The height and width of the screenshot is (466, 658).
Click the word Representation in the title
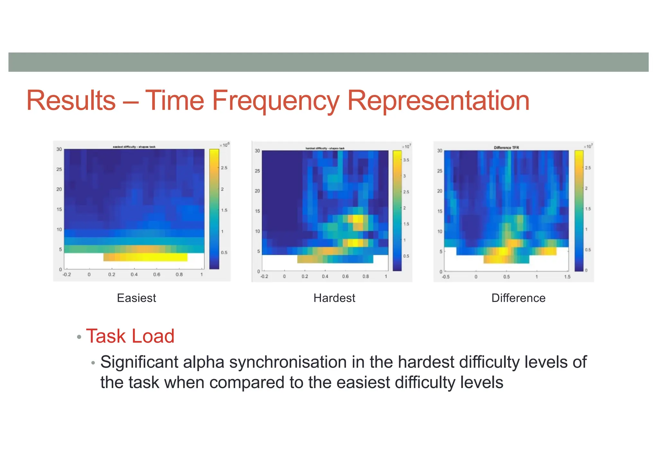(x=438, y=101)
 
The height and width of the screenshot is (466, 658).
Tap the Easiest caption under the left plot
(x=137, y=298)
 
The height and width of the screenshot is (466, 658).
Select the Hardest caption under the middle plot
(x=334, y=298)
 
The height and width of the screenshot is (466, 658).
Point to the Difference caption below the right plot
(x=518, y=298)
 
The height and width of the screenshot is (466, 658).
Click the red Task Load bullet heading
(x=130, y=336)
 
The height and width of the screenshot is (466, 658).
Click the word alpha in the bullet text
(x=203, y=362)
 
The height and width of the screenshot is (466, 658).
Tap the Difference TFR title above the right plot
(x=506, y=148)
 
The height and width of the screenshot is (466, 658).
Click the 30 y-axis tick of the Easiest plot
(x=59, y=149)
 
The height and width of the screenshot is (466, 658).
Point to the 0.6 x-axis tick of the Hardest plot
(x=345, y=276)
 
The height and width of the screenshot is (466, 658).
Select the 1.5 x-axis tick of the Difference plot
(x=567, y=277)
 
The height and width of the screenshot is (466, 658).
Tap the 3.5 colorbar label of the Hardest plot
(x=406, y=160)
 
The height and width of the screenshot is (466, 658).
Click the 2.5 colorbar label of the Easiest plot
(x=224, y=168)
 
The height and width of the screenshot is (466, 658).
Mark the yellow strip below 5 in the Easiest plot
(x=145, y=257)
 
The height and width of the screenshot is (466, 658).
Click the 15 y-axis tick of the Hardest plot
(x=257, y=211)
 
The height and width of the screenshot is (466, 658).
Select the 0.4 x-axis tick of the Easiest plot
(x=134, y=275)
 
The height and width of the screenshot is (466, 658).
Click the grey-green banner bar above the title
(x=328, y=62)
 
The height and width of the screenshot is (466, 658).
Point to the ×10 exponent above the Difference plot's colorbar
(x=588, y=146)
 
